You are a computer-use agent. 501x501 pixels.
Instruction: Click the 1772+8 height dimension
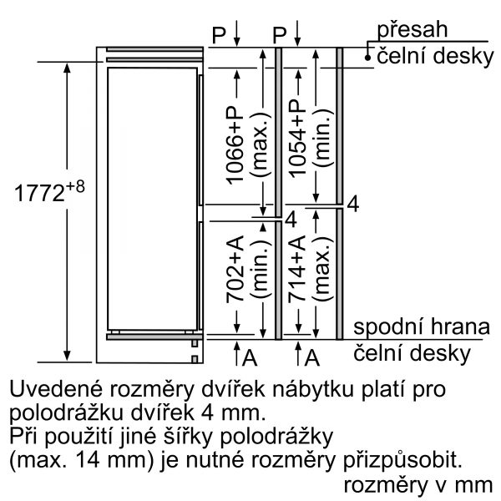tap(49, 192)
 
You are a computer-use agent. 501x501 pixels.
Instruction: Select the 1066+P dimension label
tap(235, 145)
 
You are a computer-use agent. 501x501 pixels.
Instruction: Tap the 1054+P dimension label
tap(297, 139)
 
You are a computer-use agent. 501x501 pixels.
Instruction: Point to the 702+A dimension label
tap(235, 269)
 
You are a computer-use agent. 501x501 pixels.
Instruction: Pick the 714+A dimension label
tap(297, 269)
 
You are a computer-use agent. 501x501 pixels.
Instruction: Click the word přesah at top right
tap(412, 29)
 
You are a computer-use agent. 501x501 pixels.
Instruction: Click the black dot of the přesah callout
tap(367, 58)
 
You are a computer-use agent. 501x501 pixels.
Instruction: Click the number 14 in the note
tap(87, 460)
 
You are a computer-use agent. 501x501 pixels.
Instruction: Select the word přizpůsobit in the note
tap(402, 461)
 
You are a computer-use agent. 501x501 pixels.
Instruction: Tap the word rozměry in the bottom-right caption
tap(385, 486)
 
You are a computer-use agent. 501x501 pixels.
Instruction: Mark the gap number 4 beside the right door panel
tap(352, 204)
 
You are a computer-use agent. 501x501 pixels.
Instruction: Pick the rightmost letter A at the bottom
tap(311, 357)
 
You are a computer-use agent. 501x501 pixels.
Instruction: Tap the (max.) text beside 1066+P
tap(261, 145)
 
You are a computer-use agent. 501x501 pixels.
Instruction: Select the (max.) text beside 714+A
tap(323, 269)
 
